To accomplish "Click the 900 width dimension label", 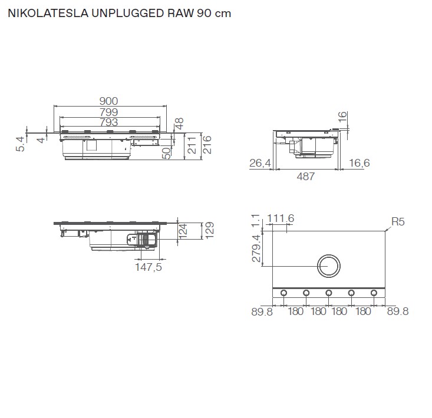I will [108, 101].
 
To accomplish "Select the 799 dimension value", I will [108, 112].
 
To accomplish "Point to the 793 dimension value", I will [108, 122].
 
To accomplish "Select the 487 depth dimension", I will [306, 176].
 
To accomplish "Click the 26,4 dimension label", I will [260, 163].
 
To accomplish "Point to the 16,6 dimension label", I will [358, 163].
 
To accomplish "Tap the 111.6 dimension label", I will [281, 219].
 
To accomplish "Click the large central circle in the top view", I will [328, 267].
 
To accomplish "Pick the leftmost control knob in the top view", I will [283, 293].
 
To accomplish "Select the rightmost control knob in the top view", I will [374, 293].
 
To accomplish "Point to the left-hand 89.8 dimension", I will [262, 311].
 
